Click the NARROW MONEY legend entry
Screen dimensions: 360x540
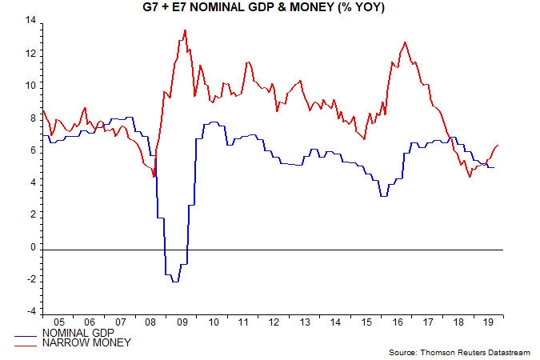(76, 342)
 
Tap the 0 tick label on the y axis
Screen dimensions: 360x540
(32, 247)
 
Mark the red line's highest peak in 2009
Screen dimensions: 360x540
(185, 31)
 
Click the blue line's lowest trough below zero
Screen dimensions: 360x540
(174, 282)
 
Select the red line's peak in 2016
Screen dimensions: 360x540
(406, 42)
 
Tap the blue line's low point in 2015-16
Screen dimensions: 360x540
(383, 196)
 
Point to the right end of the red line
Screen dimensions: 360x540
(498, 145)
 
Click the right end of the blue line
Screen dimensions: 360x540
(494, 167)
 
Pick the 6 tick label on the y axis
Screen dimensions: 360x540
(32, 150)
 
